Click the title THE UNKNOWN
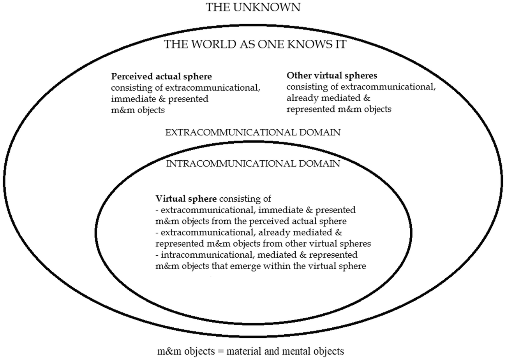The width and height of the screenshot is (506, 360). (253, 7)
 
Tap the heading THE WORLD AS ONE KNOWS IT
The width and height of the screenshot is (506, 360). (255, 44)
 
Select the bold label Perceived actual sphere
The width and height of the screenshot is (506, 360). (161, 76)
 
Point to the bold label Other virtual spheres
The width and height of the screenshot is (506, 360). (332, 75)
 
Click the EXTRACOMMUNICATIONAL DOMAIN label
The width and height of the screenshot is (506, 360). (253, 132)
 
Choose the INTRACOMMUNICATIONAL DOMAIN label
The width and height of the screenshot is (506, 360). (253, 163)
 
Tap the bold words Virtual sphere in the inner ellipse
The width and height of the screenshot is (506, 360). (186, 199)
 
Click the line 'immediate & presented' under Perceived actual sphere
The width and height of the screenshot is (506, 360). (160, 99)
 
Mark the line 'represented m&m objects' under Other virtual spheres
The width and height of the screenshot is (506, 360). (339, 109)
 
